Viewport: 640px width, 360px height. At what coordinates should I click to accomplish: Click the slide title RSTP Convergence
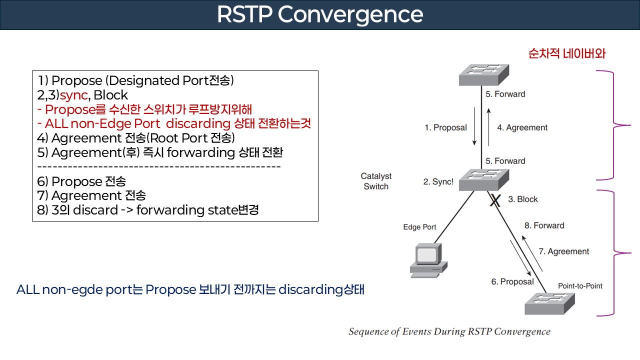[x=320, y=15]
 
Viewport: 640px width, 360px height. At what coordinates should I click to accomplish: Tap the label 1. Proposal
[x=445, y=127]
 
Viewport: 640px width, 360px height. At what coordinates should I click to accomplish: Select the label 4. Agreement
[x=522, y=127]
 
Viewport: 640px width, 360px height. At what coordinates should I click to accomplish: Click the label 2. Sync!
[x=438, y=182]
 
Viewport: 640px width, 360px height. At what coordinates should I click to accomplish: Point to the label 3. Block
[x=523, y=199]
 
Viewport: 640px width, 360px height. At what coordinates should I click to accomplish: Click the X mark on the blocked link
[x=494, y=201]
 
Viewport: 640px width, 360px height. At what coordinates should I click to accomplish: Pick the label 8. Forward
[x=544, y=225]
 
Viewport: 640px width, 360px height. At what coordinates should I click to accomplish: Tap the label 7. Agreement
[x=563, y=251]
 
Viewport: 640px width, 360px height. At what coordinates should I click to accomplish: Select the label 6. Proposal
[x=512, y=281]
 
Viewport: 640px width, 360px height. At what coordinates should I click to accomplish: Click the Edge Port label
[x=419, y=227]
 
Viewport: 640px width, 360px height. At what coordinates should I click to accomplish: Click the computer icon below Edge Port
[x=426, y=260]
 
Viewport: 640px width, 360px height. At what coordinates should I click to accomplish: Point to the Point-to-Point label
[x=580, y=286]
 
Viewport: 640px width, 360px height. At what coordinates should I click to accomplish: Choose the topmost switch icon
[x=483, y=75]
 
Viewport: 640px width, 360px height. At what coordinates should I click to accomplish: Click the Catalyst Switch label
[x=376, y=181]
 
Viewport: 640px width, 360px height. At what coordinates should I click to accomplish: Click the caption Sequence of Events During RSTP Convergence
[x=449, y=331]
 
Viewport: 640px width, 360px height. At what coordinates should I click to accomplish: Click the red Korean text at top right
[x=566, y=53]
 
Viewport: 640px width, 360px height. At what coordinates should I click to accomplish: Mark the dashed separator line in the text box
[x=159, y=166]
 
